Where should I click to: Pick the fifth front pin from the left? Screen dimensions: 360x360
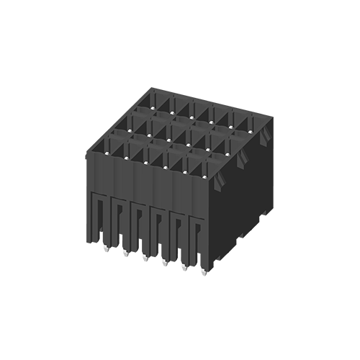(x=181, y=271)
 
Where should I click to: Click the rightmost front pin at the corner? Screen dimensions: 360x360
(x=199, y=272)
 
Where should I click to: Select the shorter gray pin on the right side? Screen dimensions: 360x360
(x=235, y=263)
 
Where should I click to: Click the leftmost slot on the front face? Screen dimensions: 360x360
(x=102, y=220)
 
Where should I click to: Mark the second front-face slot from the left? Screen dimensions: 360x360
(x=120, y=222)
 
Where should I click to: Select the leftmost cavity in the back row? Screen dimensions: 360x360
(x=163, y=101)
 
